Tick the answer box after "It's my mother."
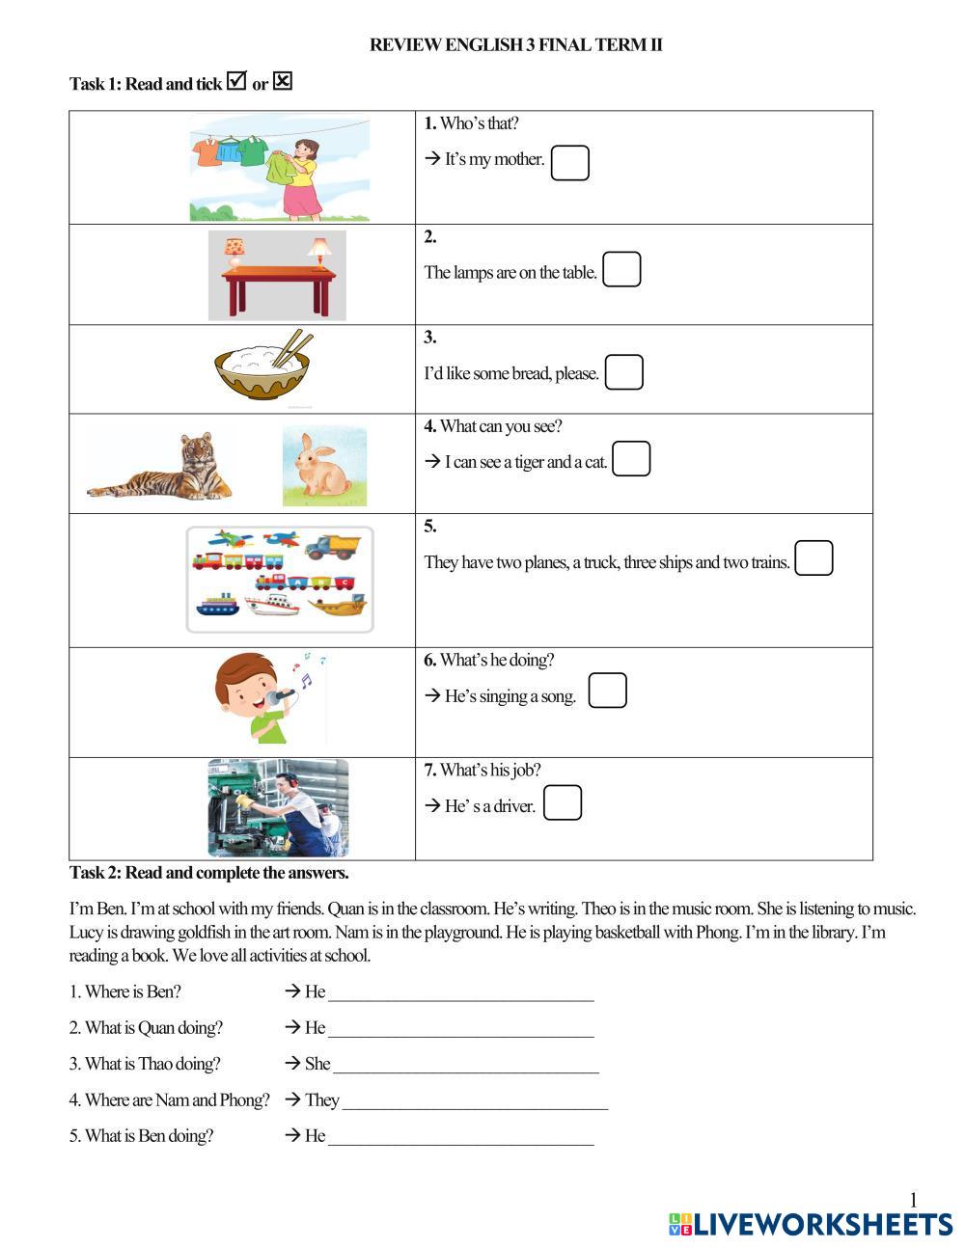pos(569,163)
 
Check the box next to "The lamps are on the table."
pos(621,270)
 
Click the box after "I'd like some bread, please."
pos(623,372)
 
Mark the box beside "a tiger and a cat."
pos(631,459)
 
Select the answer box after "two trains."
pos(813,558)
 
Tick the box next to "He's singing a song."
pos(607,691)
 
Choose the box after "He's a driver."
pos(563,802)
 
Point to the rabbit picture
pos(323,466)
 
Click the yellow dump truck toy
pos(333,547)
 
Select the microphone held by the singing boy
pos(283,694)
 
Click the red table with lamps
pos(278,285)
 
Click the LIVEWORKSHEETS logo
pos(810,1225)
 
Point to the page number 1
pos(913,1200)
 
